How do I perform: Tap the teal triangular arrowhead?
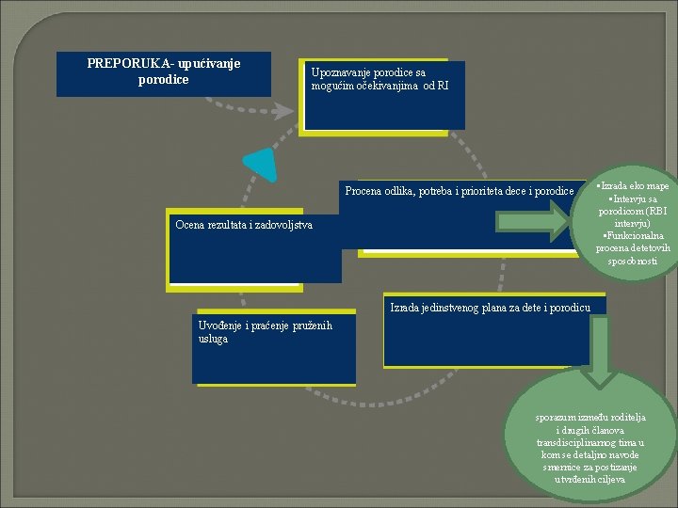[x=262, y=164]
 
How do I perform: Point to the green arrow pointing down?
[x=602, y=349]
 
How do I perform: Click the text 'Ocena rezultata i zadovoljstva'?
[x=244, y=225]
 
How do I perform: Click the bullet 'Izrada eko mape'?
[x=634, y=187]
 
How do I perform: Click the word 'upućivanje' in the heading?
[x=208, y=64]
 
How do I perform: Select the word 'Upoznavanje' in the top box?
[x=344, y=72]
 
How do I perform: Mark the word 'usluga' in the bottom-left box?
[x=213, y=339]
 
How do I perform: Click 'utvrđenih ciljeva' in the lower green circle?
[x=590, y=480]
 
